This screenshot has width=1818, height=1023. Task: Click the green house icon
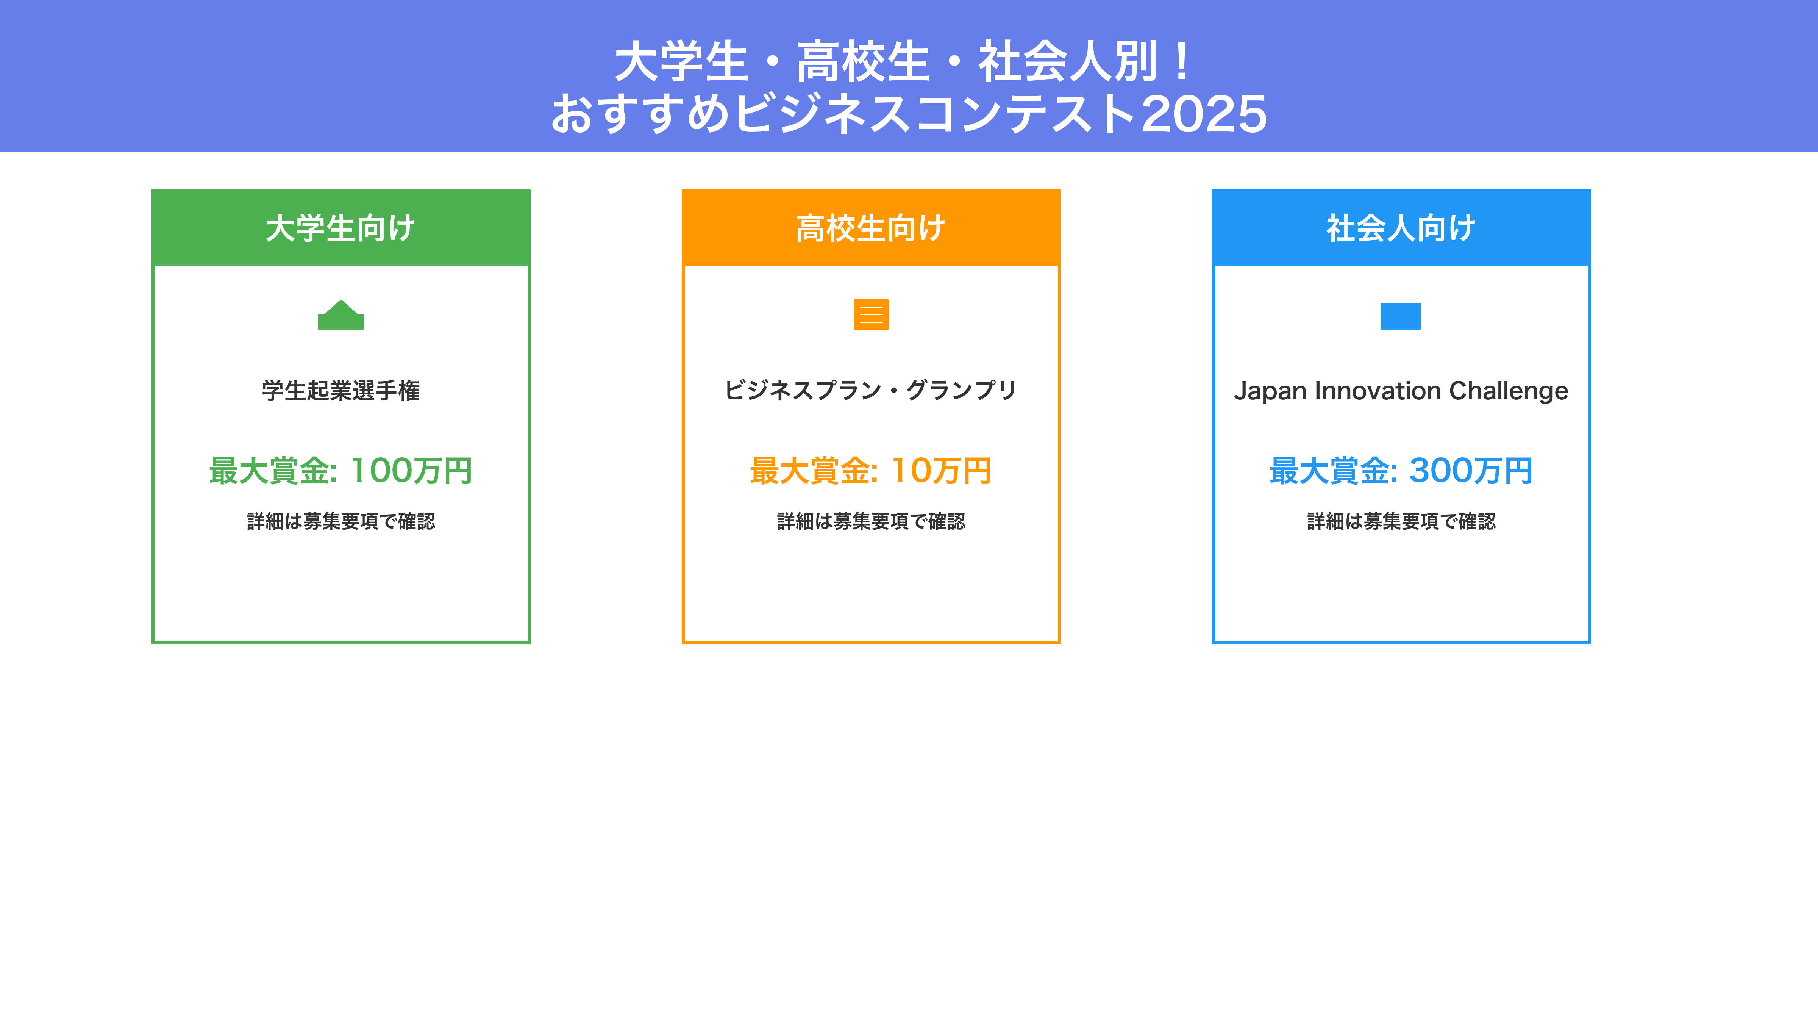341,315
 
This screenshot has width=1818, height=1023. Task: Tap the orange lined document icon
871,315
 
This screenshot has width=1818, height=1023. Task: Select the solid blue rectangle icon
1400,316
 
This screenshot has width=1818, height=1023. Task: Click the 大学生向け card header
341,228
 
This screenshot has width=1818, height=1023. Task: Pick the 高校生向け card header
871,228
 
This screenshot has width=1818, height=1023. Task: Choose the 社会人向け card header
1401,228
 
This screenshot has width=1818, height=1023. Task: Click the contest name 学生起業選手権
341,390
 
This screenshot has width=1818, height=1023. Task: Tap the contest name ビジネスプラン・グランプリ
871,390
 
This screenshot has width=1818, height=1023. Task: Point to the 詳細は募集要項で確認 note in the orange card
871,521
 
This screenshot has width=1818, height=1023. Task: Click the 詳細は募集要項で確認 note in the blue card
1401,521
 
